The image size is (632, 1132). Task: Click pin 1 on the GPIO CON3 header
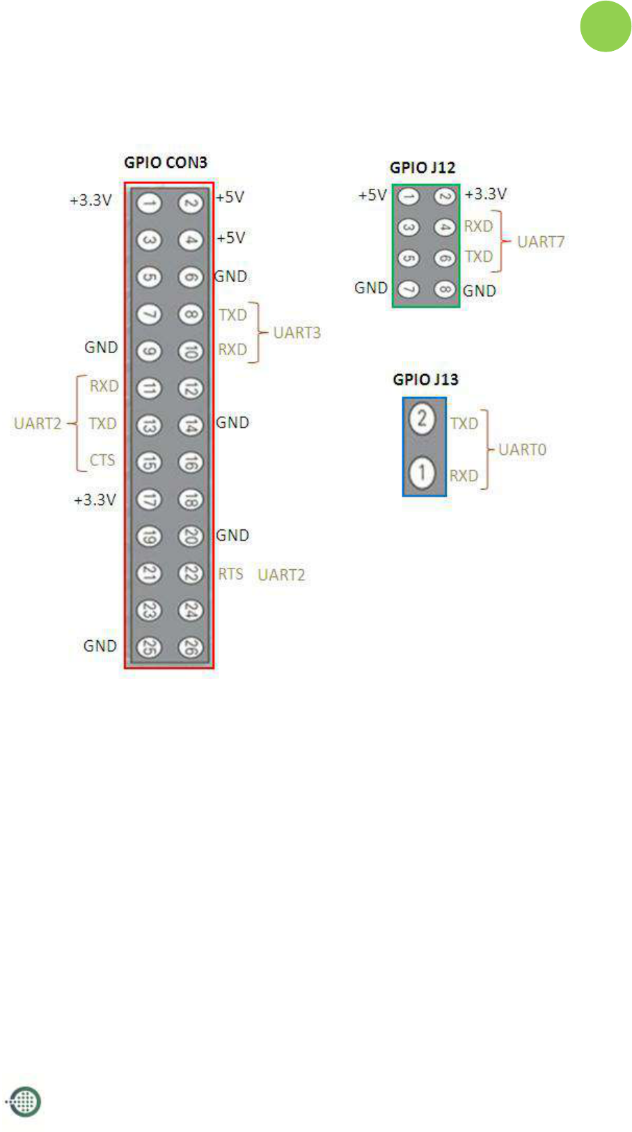148,203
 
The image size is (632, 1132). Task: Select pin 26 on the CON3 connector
190,647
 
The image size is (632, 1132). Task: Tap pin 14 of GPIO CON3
190,425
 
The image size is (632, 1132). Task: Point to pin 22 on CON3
190,573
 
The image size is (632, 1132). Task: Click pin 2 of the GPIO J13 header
422,420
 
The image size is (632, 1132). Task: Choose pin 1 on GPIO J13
422,473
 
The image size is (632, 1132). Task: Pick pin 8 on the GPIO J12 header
445,288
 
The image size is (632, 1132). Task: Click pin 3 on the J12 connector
409,228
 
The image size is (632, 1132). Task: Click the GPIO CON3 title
166,162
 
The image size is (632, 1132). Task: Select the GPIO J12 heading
422,168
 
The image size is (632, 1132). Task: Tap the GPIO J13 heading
425,380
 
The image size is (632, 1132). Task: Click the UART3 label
297,333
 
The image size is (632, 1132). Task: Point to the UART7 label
541,242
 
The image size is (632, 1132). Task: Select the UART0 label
522,450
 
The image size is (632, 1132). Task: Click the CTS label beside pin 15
102,460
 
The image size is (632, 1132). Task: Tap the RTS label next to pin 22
230,574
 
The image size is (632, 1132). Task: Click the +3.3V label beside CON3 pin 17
95,500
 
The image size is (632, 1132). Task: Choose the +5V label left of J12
372,195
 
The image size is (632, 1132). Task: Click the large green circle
606,26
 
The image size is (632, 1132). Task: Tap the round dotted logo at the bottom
24,1101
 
